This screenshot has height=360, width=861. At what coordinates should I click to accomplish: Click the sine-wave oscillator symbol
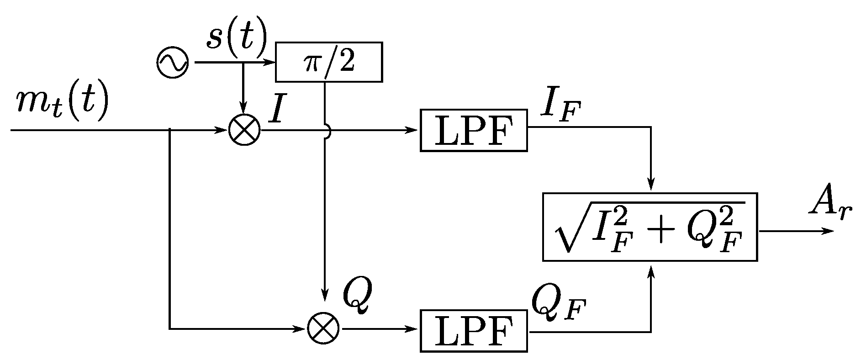172,62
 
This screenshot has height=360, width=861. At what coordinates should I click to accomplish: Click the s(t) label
236,37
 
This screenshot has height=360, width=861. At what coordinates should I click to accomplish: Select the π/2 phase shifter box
329,62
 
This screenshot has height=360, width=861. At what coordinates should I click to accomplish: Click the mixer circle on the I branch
244,130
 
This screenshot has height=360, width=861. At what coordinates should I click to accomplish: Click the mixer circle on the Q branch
323,328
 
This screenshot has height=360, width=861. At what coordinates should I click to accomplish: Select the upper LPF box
474,130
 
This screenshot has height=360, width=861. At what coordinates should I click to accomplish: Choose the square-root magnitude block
650,227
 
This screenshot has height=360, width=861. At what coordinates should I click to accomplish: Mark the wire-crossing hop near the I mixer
326,130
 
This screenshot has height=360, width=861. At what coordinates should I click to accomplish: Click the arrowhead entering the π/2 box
269,62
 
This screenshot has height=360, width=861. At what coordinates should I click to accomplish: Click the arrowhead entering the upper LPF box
414,130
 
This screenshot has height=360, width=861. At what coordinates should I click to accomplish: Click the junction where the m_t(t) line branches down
170,130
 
